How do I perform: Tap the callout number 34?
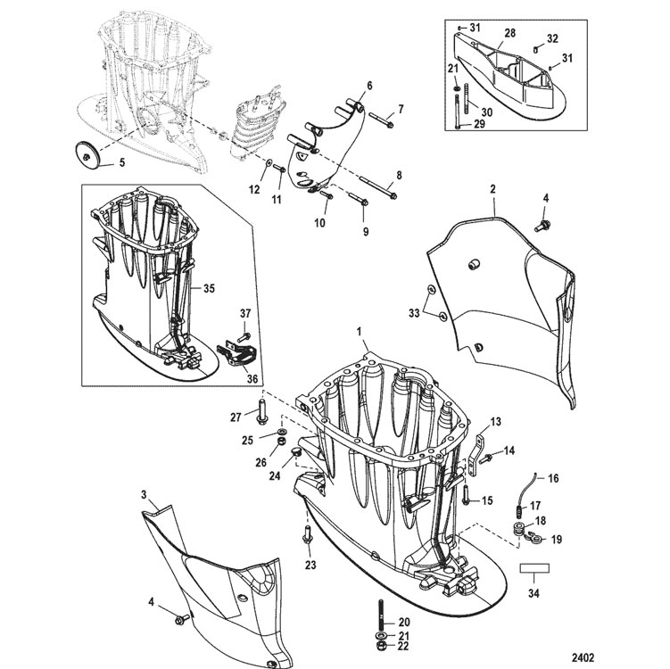click(x=534, y=593)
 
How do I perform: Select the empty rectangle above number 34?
click(x=534, y=568)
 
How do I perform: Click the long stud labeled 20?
click(x=380, y=614)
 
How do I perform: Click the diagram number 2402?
click(x=583, y=657)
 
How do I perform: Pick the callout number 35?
click(x=209, y=289)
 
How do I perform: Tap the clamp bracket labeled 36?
click(x=236, y=355)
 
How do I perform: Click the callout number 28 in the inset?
click(x=509, y=33)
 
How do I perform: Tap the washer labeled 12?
click(x=268, y=163)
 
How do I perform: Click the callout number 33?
click(x=414, y=313)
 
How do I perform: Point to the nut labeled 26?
click(x=281, y=441)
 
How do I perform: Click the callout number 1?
click(x=360, y=331)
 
